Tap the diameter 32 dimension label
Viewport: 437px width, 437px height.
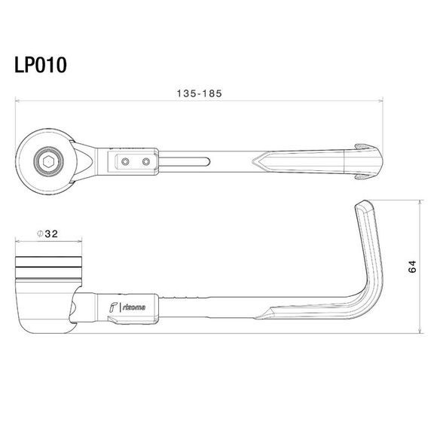pos(47,234)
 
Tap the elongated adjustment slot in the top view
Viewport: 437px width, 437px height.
pos(184,160)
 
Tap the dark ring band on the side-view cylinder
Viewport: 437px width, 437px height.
pos(47,264)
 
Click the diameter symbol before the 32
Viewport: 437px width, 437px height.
pos(38,234)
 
